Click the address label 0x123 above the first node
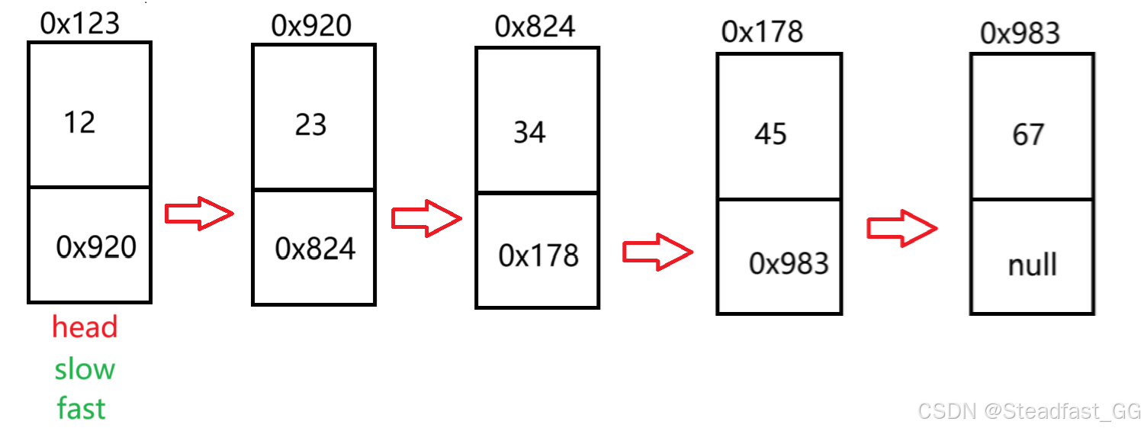(x=80, y=24)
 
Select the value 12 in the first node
(x=79, y=122)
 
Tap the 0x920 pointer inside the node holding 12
(x=96, y=246)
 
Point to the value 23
(x=311, y=125)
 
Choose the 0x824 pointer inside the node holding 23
(x=315, y=249)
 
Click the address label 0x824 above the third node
(x=535, y=27)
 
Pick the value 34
(x=529, y=133)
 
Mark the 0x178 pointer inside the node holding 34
(x=538, y=256)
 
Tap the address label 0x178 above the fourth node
(x=762, y=32)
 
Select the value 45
(x=770, y=135)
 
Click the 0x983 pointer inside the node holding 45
(x=789, y=263)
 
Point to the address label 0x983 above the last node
(x=1020, y=33)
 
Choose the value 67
(x=1027, y=135)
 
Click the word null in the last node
(x=1033, y=265)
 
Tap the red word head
(x=85, y=327)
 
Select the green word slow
(x=85, y=369)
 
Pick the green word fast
(x=81, y=409)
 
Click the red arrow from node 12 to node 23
(x=198, y=214)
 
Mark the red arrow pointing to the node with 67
(x=901, y=227)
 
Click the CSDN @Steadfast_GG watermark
(x=1029, y=412)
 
